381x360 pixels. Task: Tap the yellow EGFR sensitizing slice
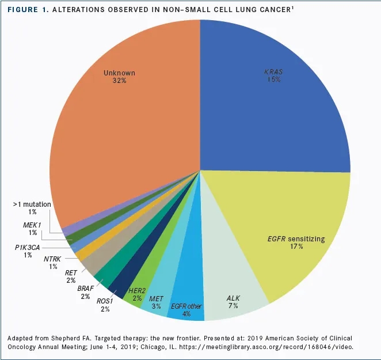pyautogui.click(x=288, y=230)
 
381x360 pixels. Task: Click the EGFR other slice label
pyautogui.click(x=186, y=306)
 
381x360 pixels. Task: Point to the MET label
pyautogui.click(x=156, y=300)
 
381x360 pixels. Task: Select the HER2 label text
pyautogui.click(x=137, y=290)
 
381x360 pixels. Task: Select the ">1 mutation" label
pyautogui.click(x=32, y=204)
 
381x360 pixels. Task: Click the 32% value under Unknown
pyautogui.click(x=119, y=81)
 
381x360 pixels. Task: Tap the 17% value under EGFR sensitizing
pyautogui.click(x=297, y=246)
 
